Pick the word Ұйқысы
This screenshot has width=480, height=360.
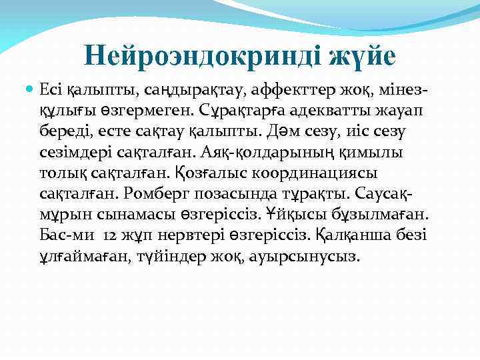click(298, 215)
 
